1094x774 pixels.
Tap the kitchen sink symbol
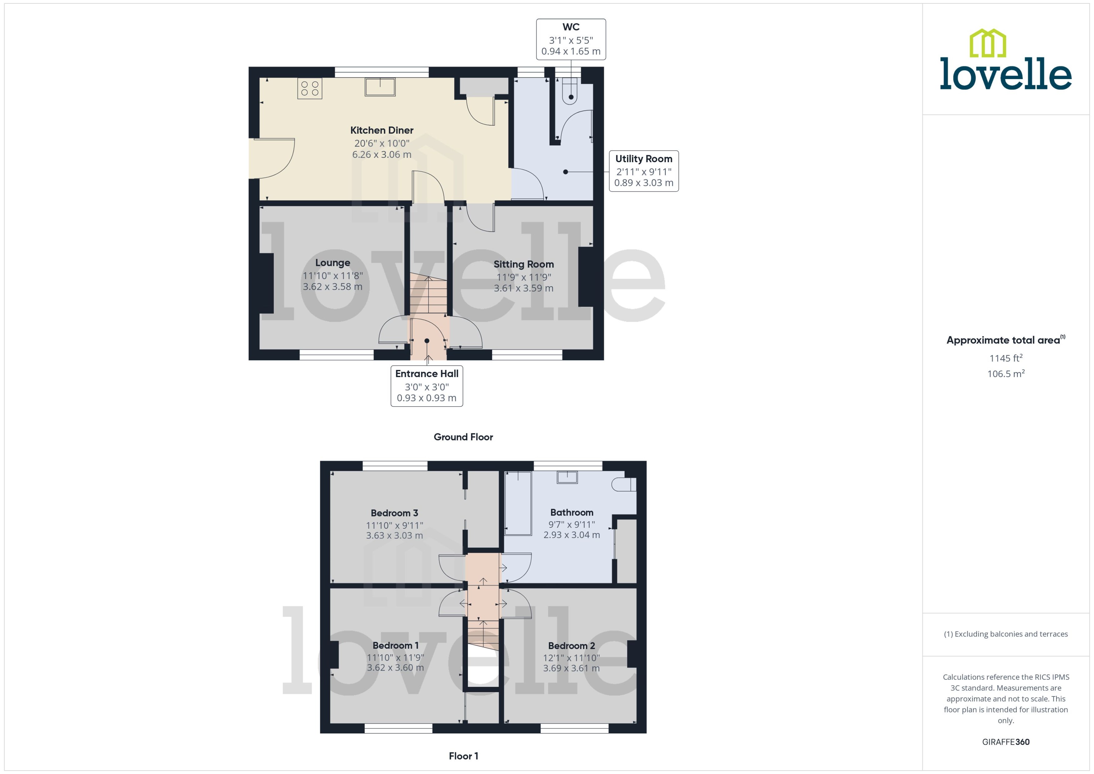[x=380, y=87]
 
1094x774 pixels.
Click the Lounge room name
[x=332, y=262]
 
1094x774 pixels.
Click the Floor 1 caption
[x=463, y=756]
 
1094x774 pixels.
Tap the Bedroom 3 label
[x=394, y=513]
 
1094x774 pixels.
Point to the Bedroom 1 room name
[x=395, y=645]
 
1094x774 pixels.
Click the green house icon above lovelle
[x=987, y=43]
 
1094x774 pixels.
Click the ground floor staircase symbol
[x=428, y=293]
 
